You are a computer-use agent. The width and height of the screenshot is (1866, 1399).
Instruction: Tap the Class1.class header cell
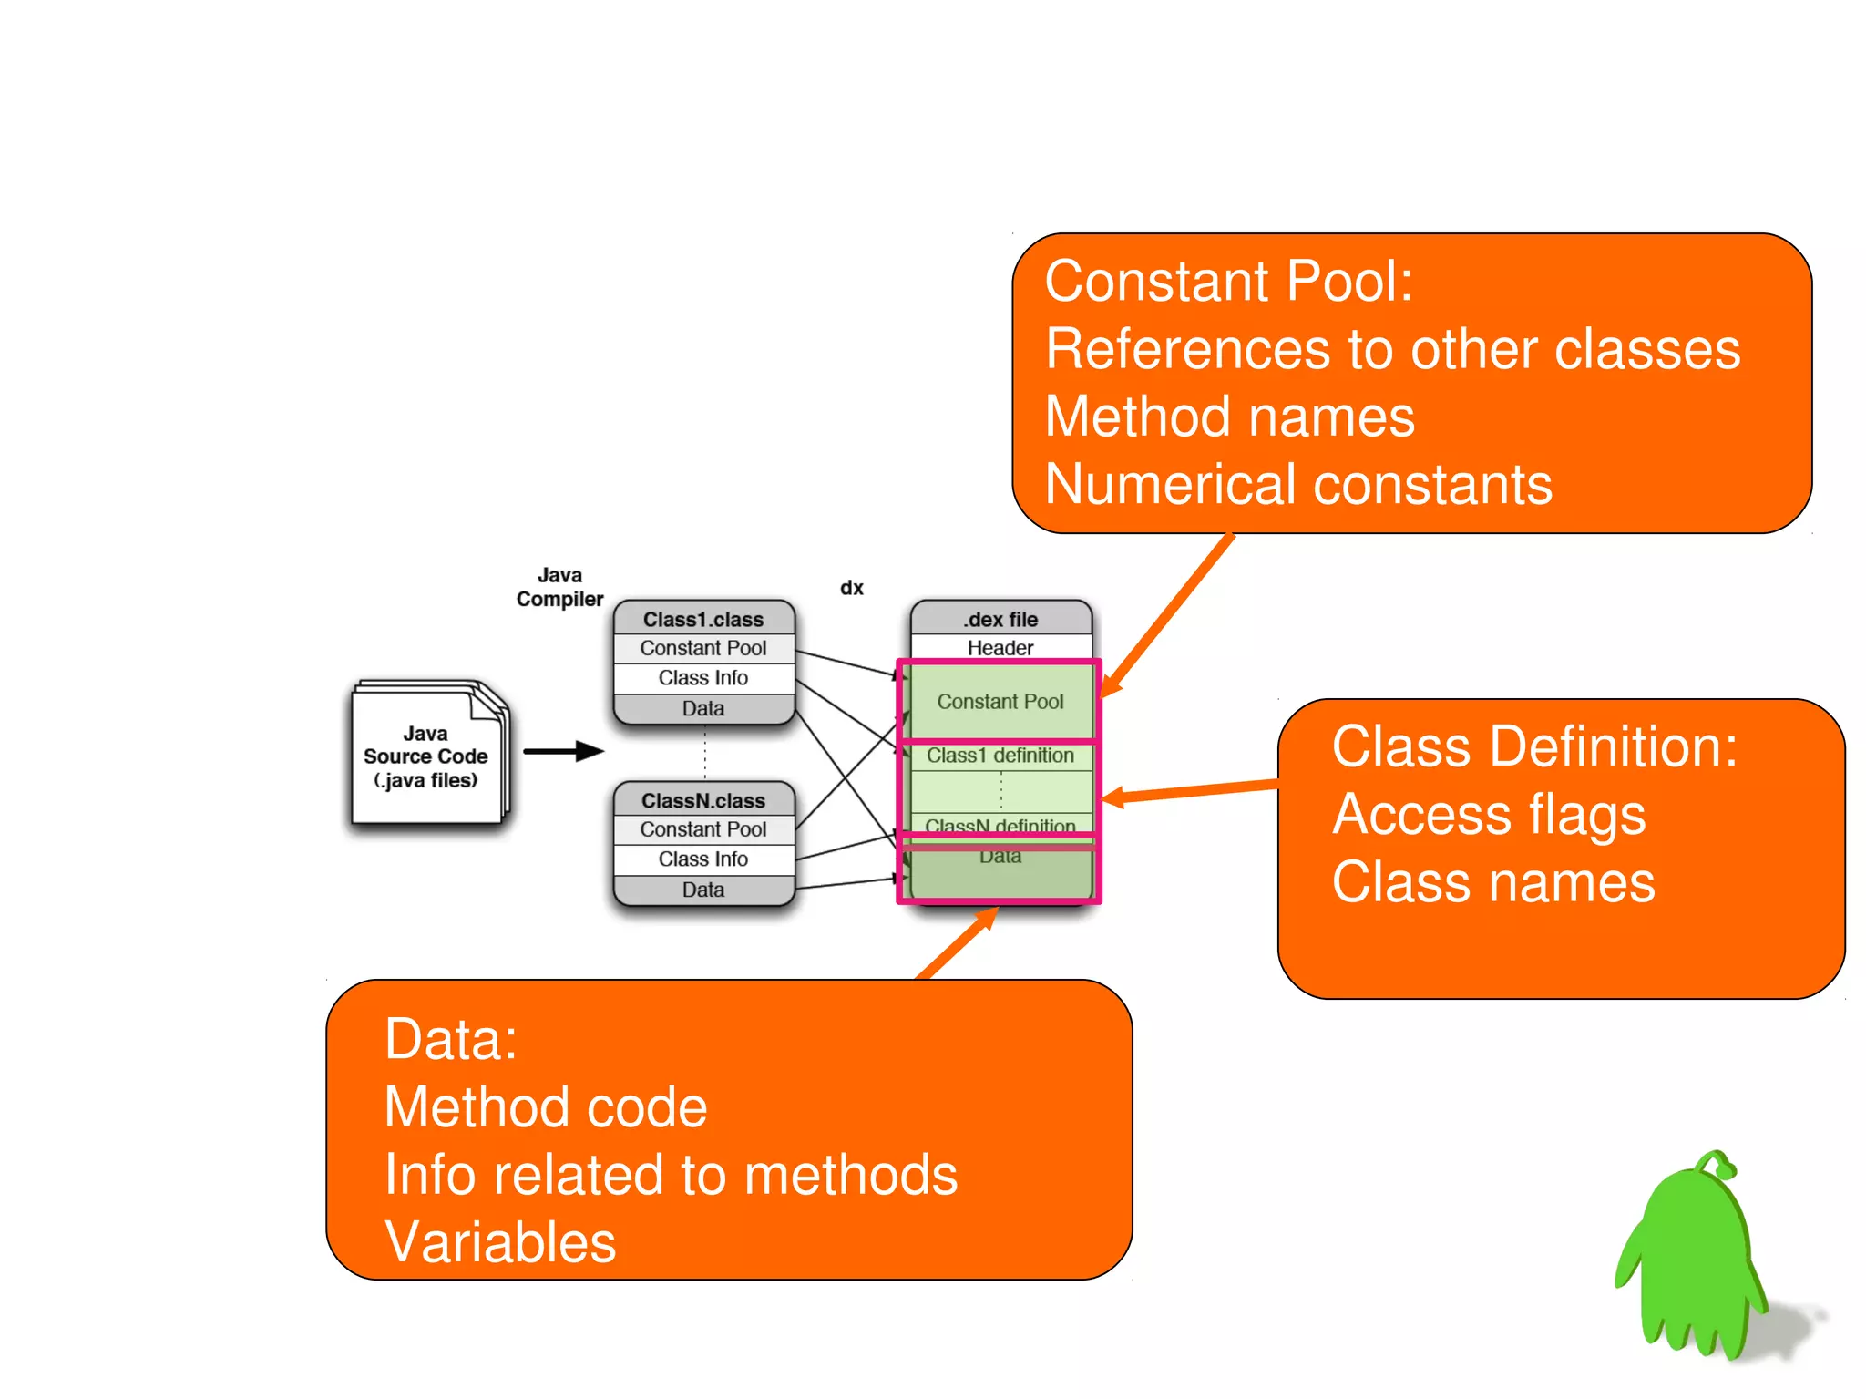[x=703, y=619]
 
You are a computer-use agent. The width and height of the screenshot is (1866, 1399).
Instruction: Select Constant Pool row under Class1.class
[x=703, y=648]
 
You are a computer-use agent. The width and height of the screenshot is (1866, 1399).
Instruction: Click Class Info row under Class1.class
[x=703, y=678]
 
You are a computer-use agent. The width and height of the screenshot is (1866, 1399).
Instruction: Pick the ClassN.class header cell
[x=703, y=800]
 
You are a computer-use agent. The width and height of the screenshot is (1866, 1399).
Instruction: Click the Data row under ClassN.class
[x=703, y=890]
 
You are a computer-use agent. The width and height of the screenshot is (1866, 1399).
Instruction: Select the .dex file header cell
[x=1000, y=619]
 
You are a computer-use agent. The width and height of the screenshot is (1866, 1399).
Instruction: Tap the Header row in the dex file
[x=1000, y=648]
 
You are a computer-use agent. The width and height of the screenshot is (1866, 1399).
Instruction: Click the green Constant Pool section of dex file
[x=1000, y=701]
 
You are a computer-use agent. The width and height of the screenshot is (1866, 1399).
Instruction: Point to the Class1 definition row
[x=1000, y=756]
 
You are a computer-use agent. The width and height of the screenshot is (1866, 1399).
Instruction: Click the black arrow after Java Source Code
[x=563, y=752]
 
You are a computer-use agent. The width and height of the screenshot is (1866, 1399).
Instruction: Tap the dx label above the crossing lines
[x=851, y=588]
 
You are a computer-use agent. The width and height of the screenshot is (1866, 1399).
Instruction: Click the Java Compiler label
[x=559, y=587]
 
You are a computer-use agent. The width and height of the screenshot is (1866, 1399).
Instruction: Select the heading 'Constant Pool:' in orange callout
[x=1228, y=281]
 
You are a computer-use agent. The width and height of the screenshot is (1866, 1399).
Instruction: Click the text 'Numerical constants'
[x=1298, y=484]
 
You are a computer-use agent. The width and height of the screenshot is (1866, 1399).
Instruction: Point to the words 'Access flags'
[x=1489, y=814]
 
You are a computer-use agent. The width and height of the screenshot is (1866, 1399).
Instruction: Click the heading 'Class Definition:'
[x=1534, y=746]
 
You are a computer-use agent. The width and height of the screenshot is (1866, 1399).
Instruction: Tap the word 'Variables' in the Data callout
[x=500, y=1241]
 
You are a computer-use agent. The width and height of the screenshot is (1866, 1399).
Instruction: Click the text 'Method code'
[x=546, y=1106]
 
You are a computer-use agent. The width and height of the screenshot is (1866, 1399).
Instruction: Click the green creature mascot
[x=1693, y=1258]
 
